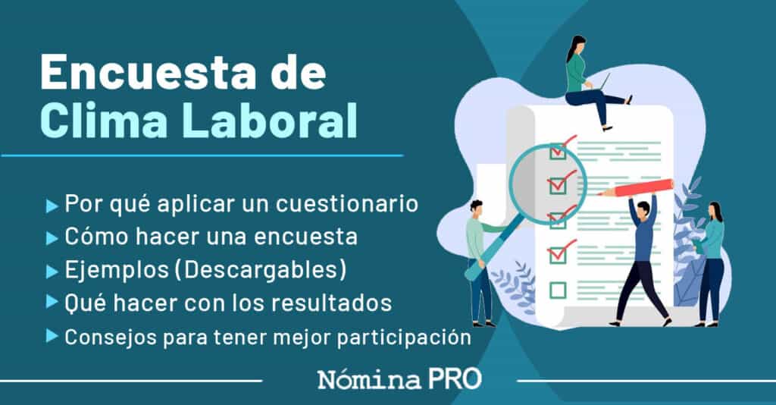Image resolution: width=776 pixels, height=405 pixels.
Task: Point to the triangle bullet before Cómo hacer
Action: tap(52, 238)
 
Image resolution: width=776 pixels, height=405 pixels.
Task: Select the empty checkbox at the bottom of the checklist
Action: tap(558, 289)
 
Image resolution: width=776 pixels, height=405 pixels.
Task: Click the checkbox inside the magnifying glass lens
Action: tap(558, 184)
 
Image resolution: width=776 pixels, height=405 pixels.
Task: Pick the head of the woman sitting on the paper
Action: tap(576, 46)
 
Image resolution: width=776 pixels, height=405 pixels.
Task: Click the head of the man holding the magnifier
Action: tap(476, 207)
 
